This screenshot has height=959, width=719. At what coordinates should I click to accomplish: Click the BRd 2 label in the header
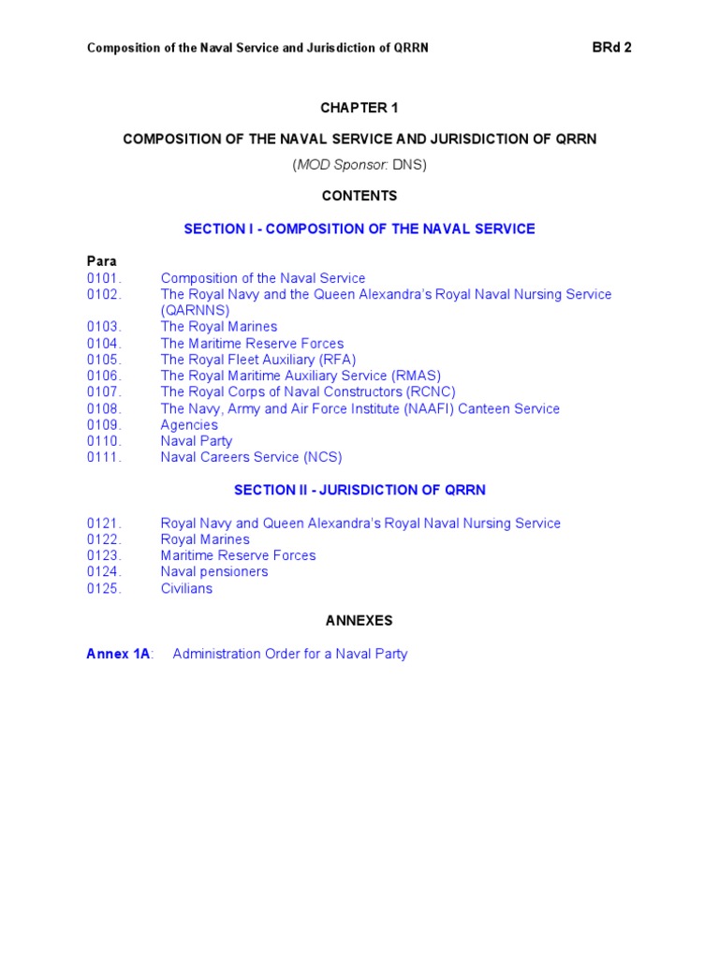(612, 48)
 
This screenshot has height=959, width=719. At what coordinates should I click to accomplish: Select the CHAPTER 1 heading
(359, 108)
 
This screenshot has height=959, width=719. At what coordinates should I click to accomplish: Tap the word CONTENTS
(359, 196)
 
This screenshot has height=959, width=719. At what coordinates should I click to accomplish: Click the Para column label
(101, 261)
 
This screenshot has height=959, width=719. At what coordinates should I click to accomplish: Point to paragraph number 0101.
(104, 278)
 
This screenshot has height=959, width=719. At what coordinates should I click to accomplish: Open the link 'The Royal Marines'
(219, 327)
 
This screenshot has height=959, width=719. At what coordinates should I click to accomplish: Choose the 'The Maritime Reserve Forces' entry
(252, 344)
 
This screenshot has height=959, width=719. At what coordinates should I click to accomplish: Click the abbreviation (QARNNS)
(195, 310)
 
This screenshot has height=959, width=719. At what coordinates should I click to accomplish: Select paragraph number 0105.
(104, 360)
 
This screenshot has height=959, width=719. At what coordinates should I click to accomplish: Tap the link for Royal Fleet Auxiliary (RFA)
(258, 360)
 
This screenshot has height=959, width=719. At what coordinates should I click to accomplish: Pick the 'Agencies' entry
(189, 425)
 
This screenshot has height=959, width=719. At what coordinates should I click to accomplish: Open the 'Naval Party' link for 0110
(197, 441)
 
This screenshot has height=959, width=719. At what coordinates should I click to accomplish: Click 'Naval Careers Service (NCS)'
(251, 458)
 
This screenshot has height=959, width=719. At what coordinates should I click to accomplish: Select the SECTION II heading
(359, 490)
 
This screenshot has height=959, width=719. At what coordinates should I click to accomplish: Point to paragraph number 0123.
(104, 555)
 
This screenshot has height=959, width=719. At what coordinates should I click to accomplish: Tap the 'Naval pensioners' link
(214, 571)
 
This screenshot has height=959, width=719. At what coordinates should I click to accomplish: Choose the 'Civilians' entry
(186, 588)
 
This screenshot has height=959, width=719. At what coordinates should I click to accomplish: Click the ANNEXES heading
(359, 620)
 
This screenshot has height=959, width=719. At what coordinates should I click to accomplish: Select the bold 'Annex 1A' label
(118, 654)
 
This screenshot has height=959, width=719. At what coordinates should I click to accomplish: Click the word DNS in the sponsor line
(409, 165)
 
